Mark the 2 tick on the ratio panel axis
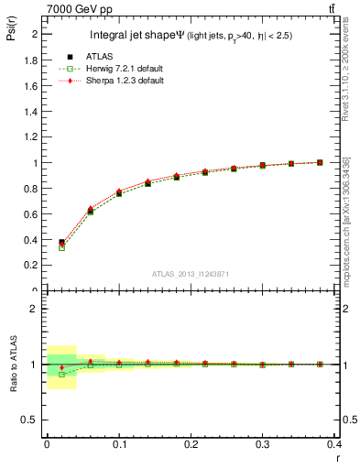pos(35,309)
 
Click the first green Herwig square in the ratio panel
pos(61,374)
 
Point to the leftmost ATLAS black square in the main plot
pos(61,243)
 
